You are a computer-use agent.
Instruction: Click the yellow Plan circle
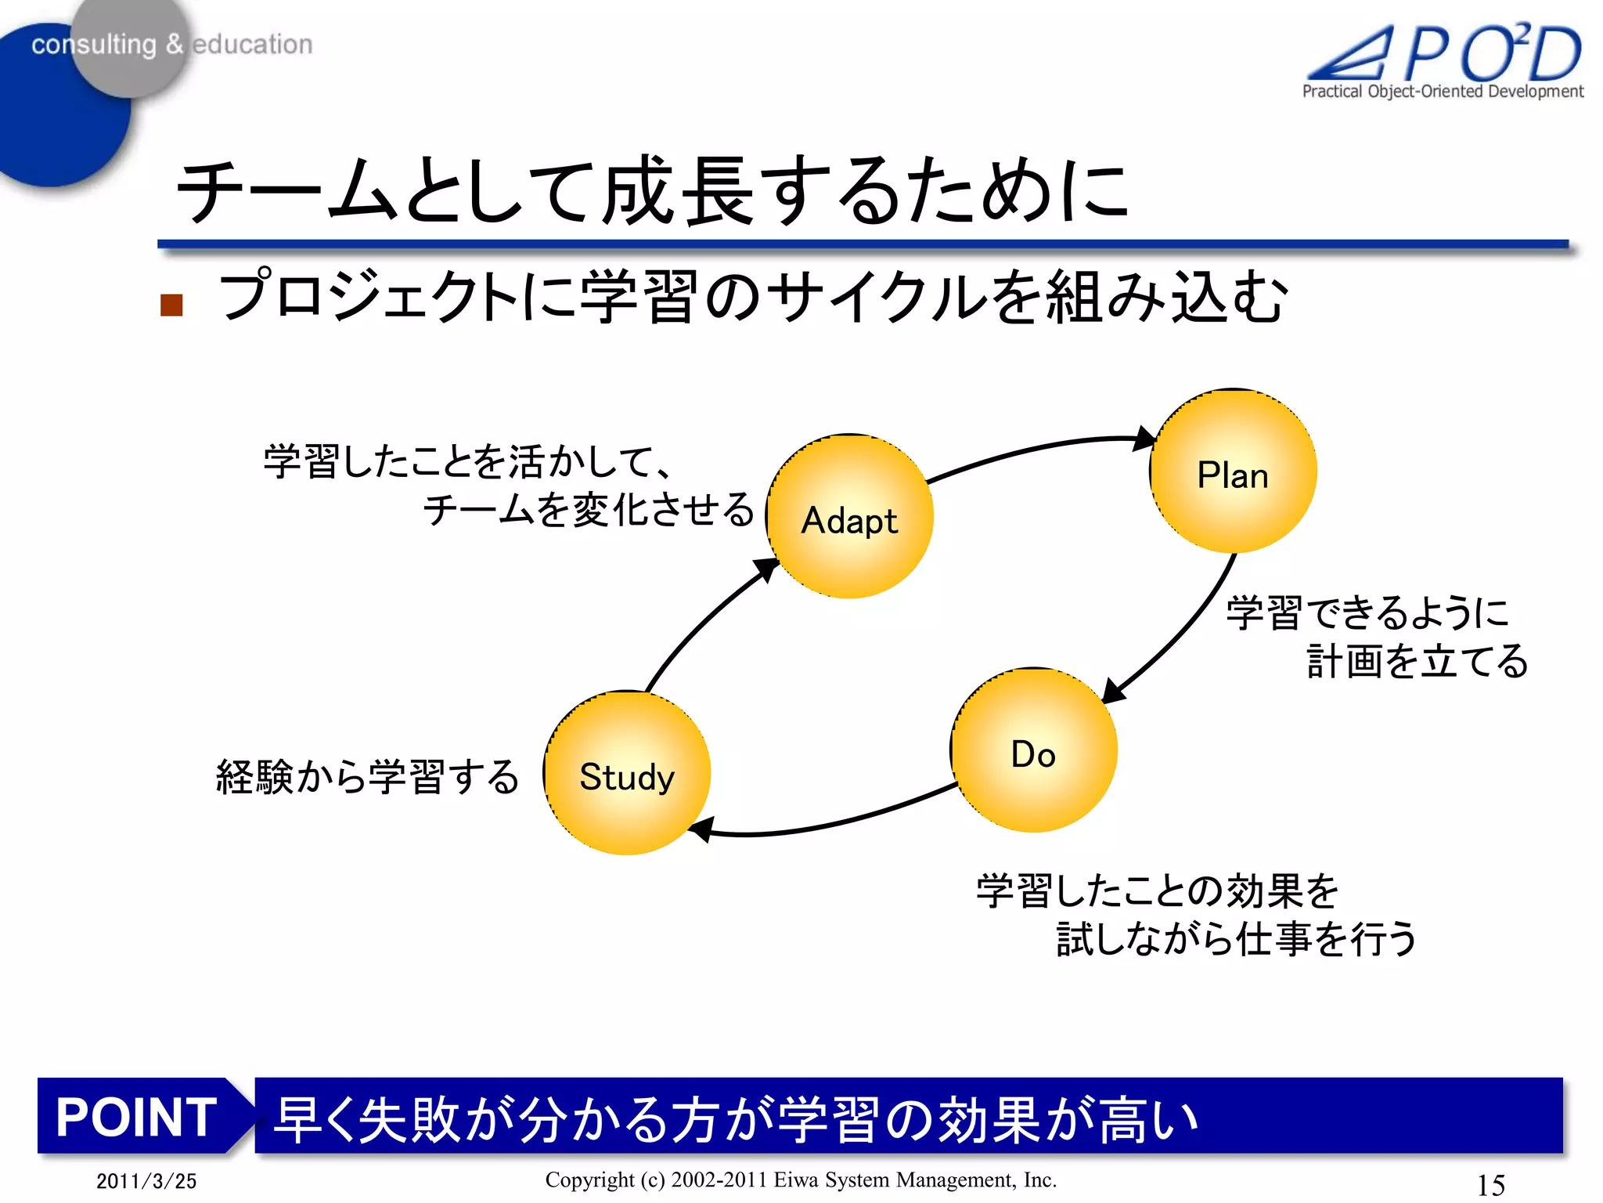(x=1233, y=471)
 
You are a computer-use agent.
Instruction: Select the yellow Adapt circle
(x=850, y=517)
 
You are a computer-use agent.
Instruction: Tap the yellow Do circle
(x=1034, y=750)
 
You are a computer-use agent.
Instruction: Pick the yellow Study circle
(x=627, y=773)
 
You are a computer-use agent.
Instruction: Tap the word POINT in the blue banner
(x=136, y=1116)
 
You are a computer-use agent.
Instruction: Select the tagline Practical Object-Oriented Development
(x=1443, y=92)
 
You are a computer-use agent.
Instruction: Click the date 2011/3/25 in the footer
(x=146, y=1181)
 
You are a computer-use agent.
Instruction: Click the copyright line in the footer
(x=801, y=1180)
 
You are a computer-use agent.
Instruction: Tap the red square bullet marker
(x=171, y=305)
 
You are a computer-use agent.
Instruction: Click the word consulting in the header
(x=94, y=45)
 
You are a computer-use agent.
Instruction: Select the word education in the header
(x=252, y=45)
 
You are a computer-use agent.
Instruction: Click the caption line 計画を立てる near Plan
(x=1417, y=661)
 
